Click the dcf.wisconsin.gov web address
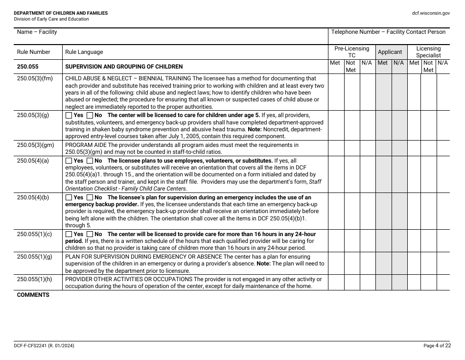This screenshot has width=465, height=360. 431,13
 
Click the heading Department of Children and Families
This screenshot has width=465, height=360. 61,13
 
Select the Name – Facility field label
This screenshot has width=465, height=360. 37,32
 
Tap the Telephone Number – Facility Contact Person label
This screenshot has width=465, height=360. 388,32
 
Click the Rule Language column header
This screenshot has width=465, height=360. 84,52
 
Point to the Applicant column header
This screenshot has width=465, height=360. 390,52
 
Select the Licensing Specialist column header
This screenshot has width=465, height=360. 428,52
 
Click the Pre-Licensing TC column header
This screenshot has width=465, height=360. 351,52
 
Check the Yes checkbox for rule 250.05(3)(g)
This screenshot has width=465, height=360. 69,115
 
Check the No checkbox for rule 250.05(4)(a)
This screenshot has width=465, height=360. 90,161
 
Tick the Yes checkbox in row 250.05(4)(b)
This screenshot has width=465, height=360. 69,198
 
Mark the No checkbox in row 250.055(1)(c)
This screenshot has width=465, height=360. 90,234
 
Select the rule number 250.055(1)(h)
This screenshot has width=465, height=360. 34,279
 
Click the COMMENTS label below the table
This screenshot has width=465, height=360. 33,295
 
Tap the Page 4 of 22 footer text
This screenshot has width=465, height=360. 437,346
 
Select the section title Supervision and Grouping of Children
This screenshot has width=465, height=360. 124,67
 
